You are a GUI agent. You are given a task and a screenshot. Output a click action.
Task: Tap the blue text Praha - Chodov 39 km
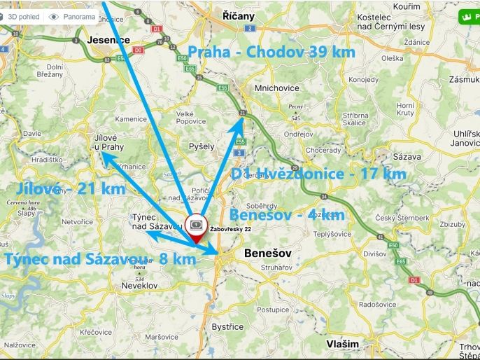(271, 52)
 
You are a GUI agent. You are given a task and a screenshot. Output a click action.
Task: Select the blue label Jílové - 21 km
(70, 188)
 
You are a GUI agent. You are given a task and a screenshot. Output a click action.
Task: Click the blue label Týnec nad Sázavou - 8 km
(99, 259)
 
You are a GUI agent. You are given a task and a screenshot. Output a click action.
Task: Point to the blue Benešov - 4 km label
(287, 215)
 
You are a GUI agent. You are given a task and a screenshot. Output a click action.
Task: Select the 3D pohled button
(22, 16)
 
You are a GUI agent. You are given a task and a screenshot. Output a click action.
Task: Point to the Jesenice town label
(108, 40)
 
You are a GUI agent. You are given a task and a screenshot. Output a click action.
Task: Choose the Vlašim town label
(342, 344)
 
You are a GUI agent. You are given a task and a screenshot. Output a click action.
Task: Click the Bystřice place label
(227, 327)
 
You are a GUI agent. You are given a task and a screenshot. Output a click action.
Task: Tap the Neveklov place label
(139, 286)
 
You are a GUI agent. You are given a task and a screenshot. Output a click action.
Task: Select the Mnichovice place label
(277, 88)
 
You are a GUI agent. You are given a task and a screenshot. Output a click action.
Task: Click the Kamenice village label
(131, 119)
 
